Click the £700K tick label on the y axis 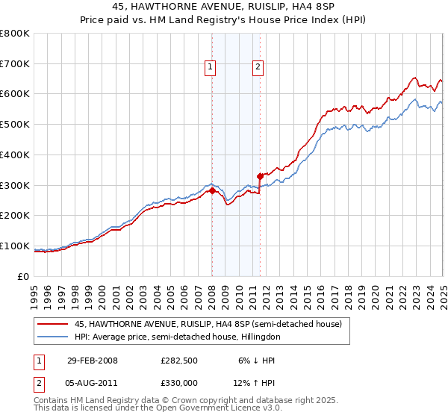(15, 63)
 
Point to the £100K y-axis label (15, 246)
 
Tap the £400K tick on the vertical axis (15, 155)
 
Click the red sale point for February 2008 (212, 190)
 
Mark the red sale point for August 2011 (259, 176)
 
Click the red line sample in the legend (53, 324)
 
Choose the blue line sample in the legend (53, 337)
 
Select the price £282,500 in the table (178, 360)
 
